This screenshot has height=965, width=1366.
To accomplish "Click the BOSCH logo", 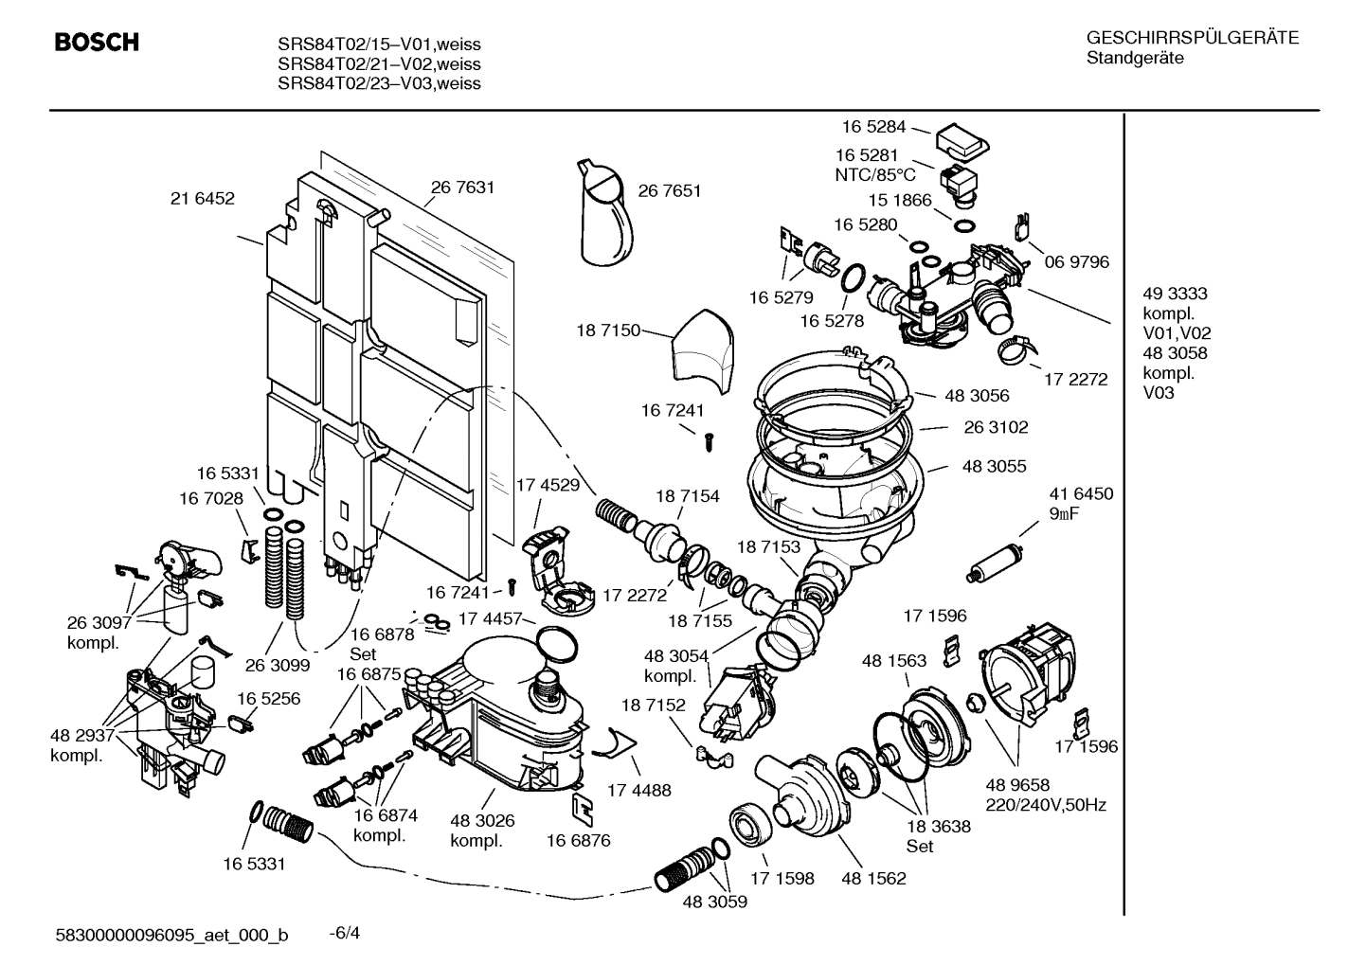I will coord(97,43).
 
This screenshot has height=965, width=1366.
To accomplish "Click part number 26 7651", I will coord(669,190).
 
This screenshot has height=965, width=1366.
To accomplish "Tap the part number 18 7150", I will coord(607,331).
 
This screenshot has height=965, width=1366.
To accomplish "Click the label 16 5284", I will coord(873,126).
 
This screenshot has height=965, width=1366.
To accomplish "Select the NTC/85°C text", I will coord(875,174).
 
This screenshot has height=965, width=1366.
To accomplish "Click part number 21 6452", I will coord(202,198).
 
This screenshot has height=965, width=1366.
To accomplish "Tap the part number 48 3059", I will coord(714,902).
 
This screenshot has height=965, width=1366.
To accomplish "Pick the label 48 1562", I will coord(873,878).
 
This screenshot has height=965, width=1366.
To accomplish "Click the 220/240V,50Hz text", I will coord(1045,805).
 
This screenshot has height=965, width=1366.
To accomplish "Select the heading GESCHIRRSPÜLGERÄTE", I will coord(1192,38).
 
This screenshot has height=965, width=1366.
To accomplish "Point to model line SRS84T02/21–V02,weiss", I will coord(379,64).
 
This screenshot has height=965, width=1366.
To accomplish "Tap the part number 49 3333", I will coord(1175,294).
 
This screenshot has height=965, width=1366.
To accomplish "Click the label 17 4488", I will coord(638,790).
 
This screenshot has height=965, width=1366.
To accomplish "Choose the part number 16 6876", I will coord(578,840).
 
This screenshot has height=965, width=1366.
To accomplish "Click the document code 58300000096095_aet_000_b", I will coord(171,935).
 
